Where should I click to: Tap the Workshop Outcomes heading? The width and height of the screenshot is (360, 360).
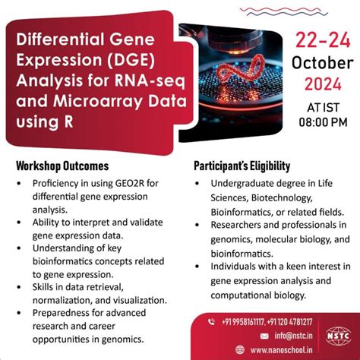coord(62,166)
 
